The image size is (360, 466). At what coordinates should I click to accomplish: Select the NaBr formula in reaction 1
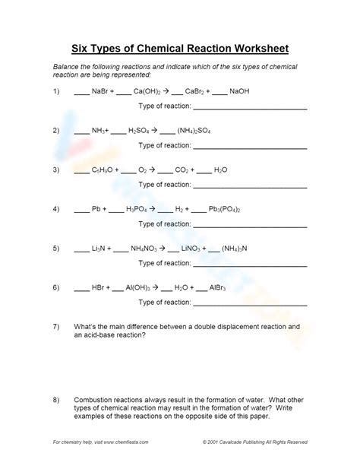pyautogui.click(x=100, y=91)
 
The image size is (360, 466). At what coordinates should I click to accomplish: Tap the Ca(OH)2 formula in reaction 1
pyautogui.click(x=148, y=91)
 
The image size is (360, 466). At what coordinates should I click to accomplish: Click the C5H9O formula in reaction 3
pyautogui.click(x=103, y=170)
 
